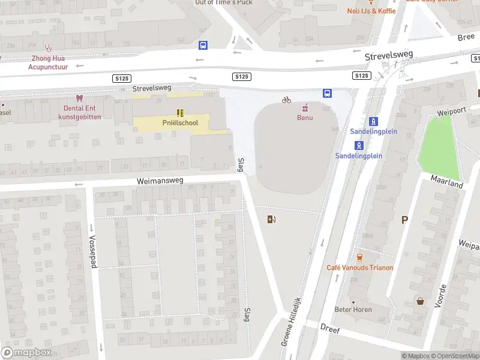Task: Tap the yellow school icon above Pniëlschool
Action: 179,112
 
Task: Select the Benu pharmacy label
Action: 305,118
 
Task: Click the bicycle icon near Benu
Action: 286,100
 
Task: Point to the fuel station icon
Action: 272,219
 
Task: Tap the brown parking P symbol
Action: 404,220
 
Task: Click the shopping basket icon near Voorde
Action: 420,301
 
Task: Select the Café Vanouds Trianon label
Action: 359,268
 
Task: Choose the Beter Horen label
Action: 353,310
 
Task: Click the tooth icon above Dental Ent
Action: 78,98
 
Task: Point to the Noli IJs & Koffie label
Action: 371,11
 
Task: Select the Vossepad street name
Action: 93,251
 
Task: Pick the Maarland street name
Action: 447,182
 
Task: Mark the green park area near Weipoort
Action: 444,144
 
